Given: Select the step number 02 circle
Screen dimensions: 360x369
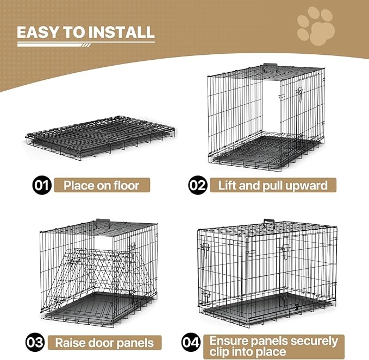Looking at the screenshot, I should coord(198,185).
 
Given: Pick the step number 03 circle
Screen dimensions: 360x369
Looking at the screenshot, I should coord(35,343).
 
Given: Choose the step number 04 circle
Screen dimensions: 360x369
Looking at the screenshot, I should coord(191,343).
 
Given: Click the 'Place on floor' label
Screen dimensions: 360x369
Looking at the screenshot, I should coord(101,185).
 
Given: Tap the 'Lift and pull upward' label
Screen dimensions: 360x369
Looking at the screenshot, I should coord(273,185).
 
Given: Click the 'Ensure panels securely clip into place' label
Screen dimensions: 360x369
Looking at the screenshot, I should coord(274,343).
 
